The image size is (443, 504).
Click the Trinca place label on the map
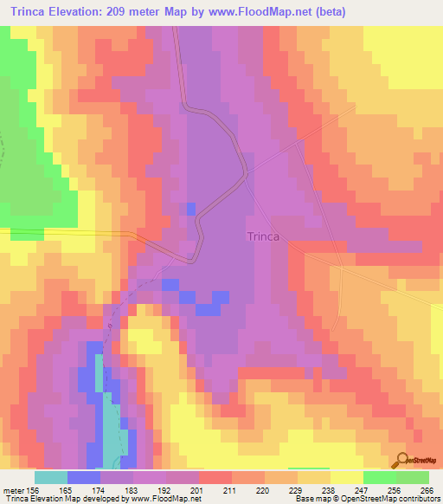(267, 236)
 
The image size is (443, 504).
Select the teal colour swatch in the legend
(50, 477)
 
